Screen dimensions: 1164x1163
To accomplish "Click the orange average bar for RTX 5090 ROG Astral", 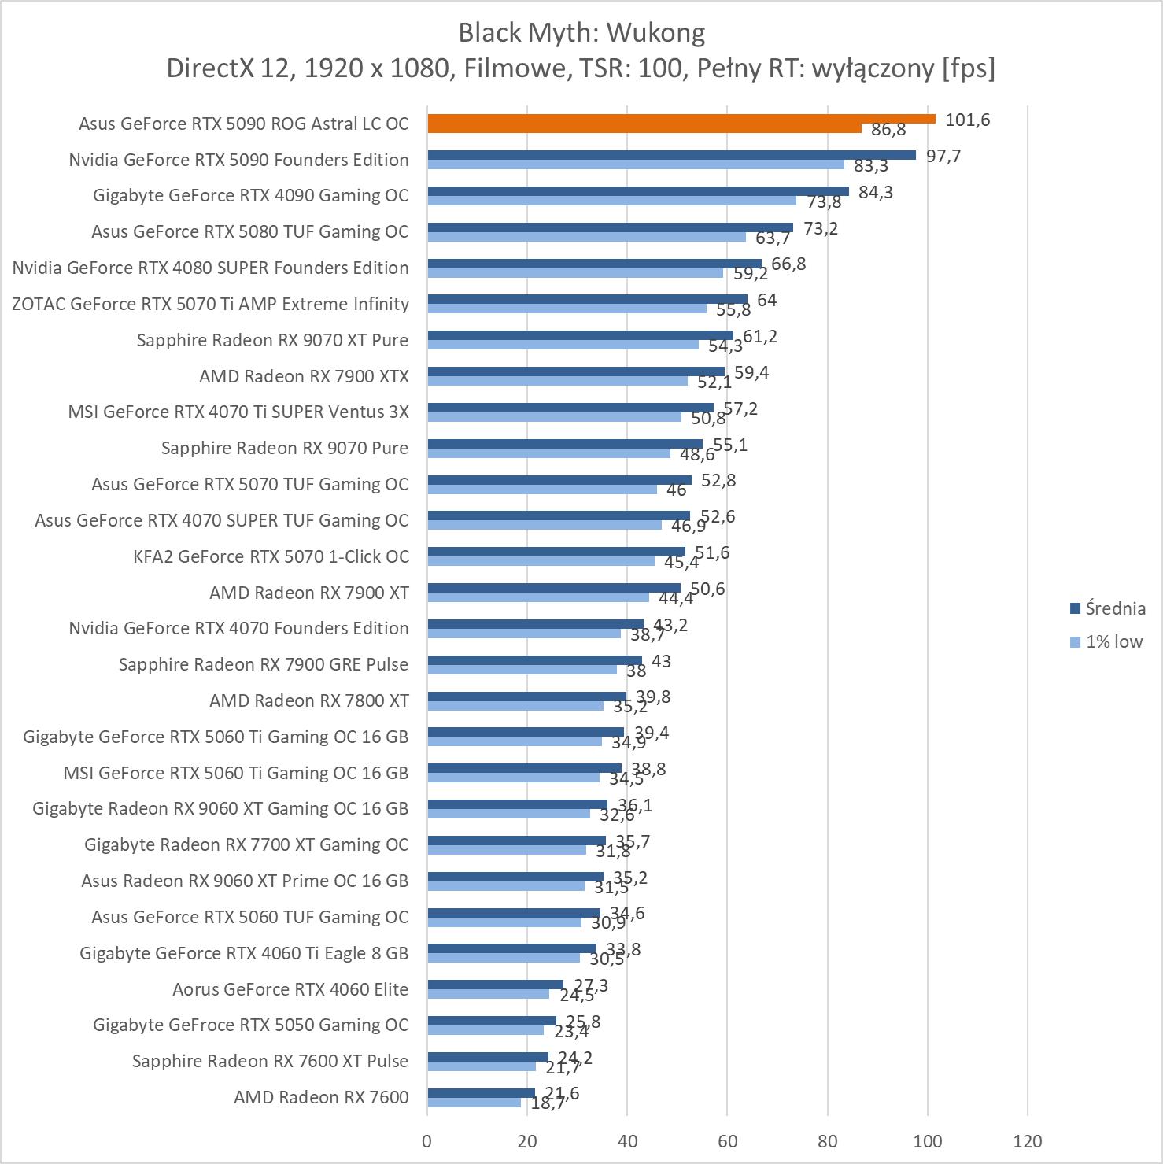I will click(x=681, y=119).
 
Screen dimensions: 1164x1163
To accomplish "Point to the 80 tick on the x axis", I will click(x=828, y=1141).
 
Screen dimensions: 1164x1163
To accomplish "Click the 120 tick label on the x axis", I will click(x=1028, y=1141).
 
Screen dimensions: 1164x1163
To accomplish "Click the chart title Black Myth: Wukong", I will click(x=581, y=33).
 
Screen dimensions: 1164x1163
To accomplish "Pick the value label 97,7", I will click(x=943, y=156).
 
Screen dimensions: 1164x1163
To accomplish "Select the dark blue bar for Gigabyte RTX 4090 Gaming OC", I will click(x=638, y=191).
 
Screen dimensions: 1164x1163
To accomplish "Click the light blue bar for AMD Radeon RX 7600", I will click(x=474, y=1103).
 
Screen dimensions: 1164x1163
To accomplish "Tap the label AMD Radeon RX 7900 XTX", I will click(x=304, y=376).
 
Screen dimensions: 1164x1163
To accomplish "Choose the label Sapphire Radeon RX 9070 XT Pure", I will click(x=272, y=340).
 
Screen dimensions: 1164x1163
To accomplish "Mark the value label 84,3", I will click(x=875, y=192).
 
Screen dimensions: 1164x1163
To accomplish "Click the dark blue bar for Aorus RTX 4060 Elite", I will click(x=495, y=985).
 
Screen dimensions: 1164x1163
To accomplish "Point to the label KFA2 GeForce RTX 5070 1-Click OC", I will click(x=271, y=556).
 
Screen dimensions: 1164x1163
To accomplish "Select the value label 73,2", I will click(x=821, y=228).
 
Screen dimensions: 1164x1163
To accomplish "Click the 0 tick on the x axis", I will click(x=427, y=1141).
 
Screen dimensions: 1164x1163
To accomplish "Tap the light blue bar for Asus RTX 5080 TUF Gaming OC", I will click(x=586, y=237).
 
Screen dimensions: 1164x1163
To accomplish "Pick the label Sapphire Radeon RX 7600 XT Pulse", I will click(x=270, y=1061).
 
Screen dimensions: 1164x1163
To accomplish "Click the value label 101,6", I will click(x=967, y=120).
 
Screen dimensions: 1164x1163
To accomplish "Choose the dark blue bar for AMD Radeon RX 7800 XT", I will click(x=526, y=696).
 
